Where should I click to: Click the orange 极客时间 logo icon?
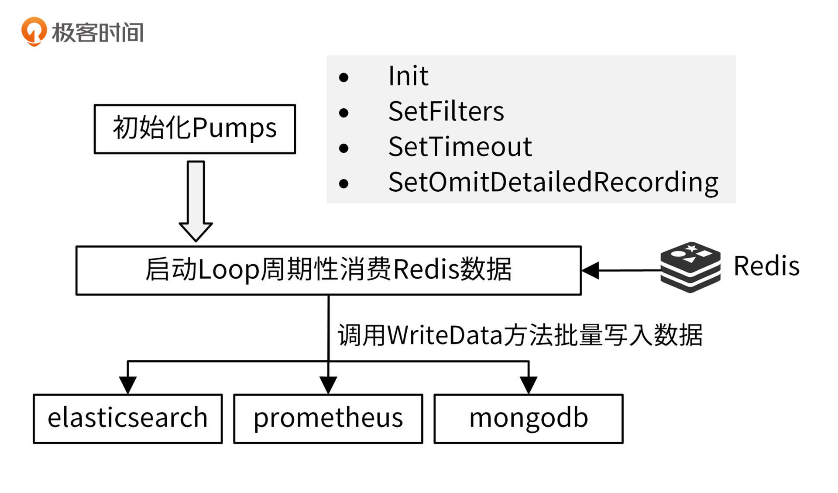(x=34, y=31)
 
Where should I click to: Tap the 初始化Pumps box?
(x=195, y=129)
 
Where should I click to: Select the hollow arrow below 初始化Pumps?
(x=196, y=201)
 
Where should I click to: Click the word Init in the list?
(x=408, y=76)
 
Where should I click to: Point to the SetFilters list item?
(x=446, y=111)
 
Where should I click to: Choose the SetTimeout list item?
(x=460, y=147)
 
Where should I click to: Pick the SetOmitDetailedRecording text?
(x=553, y=182)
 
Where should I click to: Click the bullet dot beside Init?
(x=344, y=78)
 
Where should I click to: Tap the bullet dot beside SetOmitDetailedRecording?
(x=344, y=184)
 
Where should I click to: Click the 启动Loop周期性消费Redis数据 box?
(x=328, y=270)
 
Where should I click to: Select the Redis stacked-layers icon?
(x=690, y=267)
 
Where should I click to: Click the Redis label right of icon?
(x=766, y=266)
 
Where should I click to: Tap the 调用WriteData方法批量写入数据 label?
(x=520, y=335)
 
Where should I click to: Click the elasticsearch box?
(x=127, y=418)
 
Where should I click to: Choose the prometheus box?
(x=328, y=418)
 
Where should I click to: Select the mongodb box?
(x=528, y=418)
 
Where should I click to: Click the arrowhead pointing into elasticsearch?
(x=128, y=385)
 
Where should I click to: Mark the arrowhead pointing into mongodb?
(x=529, y=385)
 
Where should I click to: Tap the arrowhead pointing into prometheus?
(x=328, y=385)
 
